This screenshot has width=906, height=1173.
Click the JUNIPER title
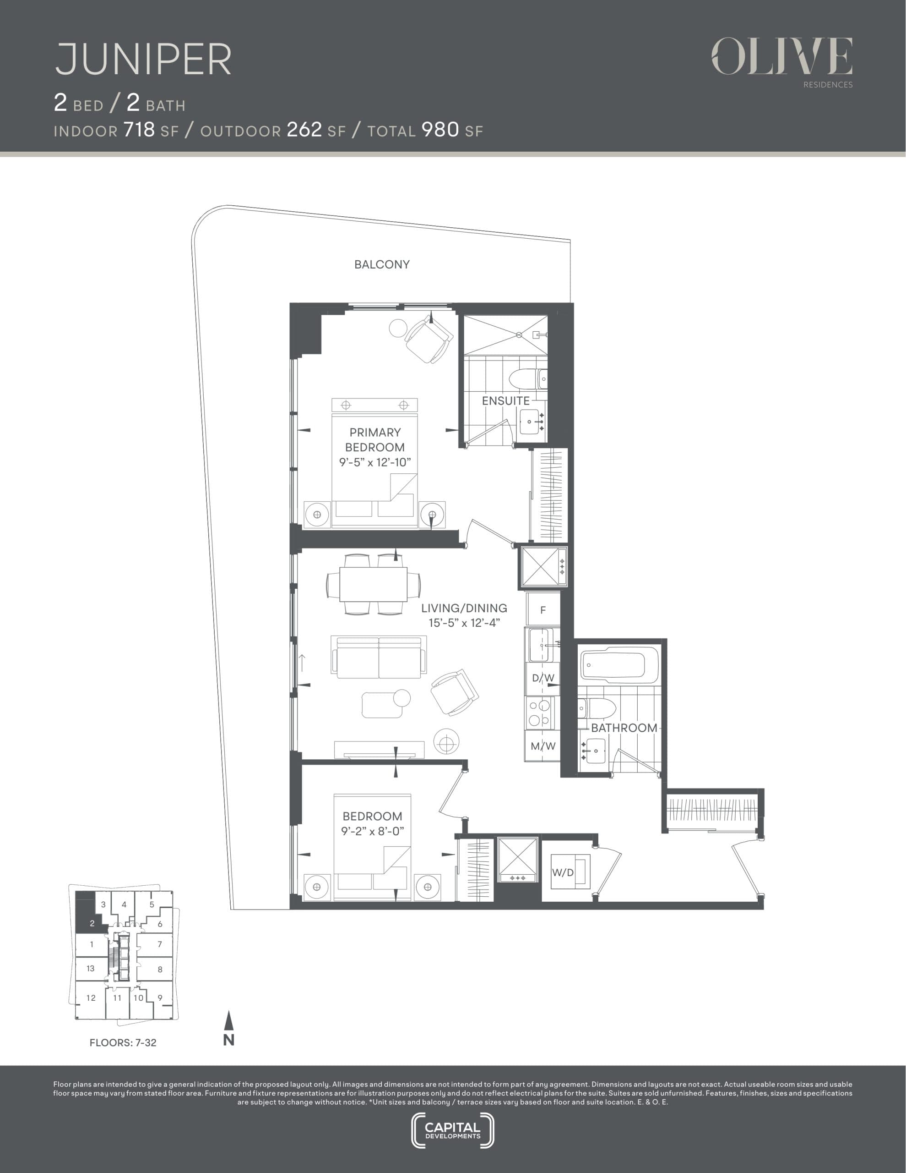[143, 59]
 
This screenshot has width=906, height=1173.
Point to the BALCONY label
[382, 264]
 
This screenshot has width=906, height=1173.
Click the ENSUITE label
[505, 400]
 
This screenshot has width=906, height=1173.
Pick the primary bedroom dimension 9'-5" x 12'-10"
[374, 462]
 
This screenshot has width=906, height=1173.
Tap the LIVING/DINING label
[464, 608]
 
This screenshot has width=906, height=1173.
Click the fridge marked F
[543, 609]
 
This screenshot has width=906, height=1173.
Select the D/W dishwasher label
[543, 678]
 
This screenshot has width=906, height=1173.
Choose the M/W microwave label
[543, 746]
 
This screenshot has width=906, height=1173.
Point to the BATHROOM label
[624, 728]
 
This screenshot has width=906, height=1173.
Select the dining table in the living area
[374, 584]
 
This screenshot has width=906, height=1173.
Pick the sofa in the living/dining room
[379, 657]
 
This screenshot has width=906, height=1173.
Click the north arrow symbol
[228, 1028]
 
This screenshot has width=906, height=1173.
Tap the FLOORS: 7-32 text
[123, 1042]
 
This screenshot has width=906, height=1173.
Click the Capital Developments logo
[452, 1130]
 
